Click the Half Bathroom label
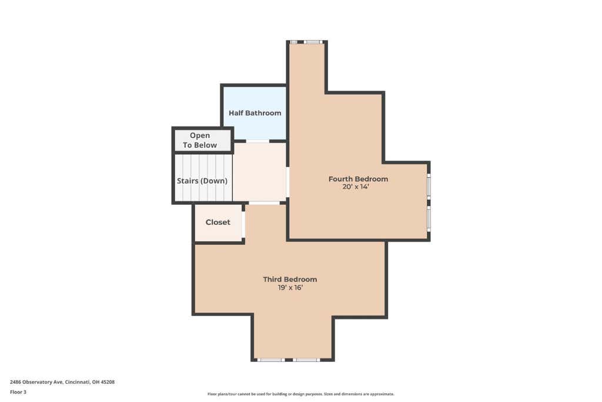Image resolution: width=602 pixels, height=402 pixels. pyautogui.click(x=255, y=113)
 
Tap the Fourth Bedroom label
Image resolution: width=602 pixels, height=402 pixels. pyautogui.click(x=358, y=179)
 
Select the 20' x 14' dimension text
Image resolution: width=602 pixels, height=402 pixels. pyautogui.click(x=356, y=187)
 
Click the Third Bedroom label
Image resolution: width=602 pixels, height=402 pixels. pyautogui.click(x=290, y=280)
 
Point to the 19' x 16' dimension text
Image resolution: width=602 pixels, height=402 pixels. pyautogui.click(x=290, y=287)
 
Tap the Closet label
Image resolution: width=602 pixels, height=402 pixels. pyautogui.click(x=218, y=222)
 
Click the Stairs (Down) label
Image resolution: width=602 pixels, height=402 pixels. pyautogui.click(x=202, y=181)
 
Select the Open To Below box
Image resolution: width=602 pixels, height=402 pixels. pyautogui.click(x=203, y=140)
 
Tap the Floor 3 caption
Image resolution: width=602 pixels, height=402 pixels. pyautogui.click(x=18, y=392)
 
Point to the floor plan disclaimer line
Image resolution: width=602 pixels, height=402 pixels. pyautogui.click(x=300, y=394)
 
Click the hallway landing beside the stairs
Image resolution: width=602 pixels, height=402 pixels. pyautogui.click(x=259, y=171)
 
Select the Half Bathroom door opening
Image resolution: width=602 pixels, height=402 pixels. pyautogui.click(x=257, y=141)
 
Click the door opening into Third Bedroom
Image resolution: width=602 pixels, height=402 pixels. pyautogui.click(x=265, y=202)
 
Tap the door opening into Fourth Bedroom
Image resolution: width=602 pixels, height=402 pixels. pyautogui.click(x=287, y=182)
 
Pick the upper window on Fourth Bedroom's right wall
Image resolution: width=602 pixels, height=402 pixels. pyautogui.click(x=429, y=186)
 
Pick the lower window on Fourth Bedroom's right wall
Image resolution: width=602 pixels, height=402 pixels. pyautogui.click(x=429, y=219)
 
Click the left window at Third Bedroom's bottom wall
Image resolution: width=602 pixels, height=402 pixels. pyautogui.click(x=271, y=360)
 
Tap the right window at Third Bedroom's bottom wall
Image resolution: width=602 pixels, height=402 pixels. pyautogui.click(x=306, y=360)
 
